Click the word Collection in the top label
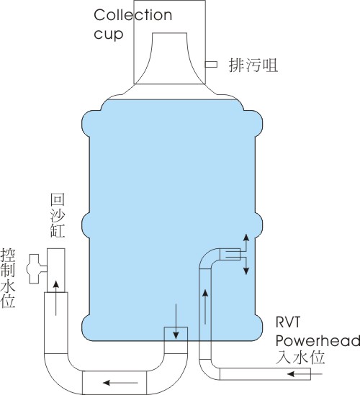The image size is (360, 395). [x=133, y=15]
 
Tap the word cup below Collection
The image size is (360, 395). [x=109, y=34]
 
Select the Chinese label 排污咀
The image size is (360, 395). [x=253, y=65]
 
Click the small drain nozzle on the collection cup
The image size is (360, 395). [x=211, y=65]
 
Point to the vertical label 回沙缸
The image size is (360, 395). [x=58, y=215]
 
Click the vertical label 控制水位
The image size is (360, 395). [x=8, y=278]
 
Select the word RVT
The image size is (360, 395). [x=288, y=322]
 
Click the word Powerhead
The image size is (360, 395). [x=318, y=341]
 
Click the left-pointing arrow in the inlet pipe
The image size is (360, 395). [x=305, y=374]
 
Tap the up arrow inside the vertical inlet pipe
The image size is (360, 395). [x=205, y=307]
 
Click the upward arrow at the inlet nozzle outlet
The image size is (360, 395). [x=246, y=242]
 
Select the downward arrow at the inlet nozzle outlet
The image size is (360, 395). [x=246, y=265]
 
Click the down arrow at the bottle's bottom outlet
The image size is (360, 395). [x=176, y=322]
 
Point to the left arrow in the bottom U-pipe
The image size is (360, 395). [x=120, y=383]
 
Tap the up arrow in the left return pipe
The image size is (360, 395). [x=56, y=298]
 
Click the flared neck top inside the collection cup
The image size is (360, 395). [x=170, y=34]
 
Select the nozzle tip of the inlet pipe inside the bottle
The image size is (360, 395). [x=230, y=254]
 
